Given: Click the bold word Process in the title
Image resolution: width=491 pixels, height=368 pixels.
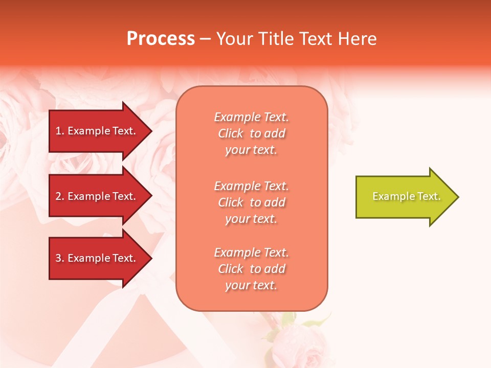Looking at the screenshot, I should point(161,39).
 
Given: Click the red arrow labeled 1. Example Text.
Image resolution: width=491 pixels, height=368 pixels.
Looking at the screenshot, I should point(97,131).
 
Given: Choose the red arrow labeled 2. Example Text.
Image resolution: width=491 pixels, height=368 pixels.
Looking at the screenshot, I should point(97,196).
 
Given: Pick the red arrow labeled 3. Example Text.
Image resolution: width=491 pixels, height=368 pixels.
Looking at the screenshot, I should point(97,258).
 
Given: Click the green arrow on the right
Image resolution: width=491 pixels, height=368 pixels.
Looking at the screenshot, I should point(404,197).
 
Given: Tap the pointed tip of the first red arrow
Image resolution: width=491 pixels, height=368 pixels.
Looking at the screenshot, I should point(150,131).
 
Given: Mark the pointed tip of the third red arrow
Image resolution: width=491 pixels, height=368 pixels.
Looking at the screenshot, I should point(150,258).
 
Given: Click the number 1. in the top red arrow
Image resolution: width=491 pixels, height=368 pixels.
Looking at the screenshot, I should point(60,131).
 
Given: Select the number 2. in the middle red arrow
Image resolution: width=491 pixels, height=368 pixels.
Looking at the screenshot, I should point(60,196).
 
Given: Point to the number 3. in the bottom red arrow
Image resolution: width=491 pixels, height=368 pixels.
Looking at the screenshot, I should point(60,258).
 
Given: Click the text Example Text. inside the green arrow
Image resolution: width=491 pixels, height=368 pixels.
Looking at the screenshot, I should point(406,196).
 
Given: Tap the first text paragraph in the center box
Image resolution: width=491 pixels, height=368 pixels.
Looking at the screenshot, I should point(251,133).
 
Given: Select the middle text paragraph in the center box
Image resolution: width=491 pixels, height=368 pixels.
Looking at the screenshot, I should point(251,202).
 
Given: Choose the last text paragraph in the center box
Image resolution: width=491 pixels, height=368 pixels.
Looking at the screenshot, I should point(251,269).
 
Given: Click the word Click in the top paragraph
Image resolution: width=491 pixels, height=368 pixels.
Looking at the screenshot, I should point(231,133).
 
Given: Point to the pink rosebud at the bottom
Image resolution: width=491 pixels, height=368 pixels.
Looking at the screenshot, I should point(299,342).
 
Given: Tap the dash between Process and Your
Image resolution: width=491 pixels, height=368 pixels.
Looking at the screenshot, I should point(206,39).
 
